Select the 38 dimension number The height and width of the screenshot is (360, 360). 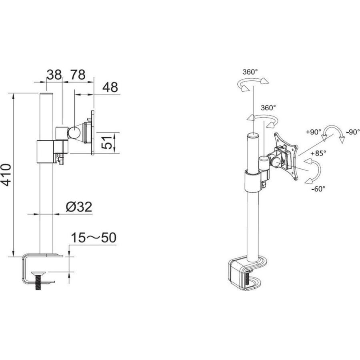point(54,74)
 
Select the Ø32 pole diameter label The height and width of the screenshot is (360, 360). point(79,206)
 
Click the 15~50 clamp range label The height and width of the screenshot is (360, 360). point(93,238)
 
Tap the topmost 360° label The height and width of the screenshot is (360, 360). point(250,72)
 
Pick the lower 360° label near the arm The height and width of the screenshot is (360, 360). point(268,108)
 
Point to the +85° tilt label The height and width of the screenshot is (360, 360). point(318,153)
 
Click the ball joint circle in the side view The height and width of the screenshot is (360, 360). point(74,132)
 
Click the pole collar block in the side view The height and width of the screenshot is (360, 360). point(46,152)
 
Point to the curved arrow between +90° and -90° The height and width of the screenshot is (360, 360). point(334,132)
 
